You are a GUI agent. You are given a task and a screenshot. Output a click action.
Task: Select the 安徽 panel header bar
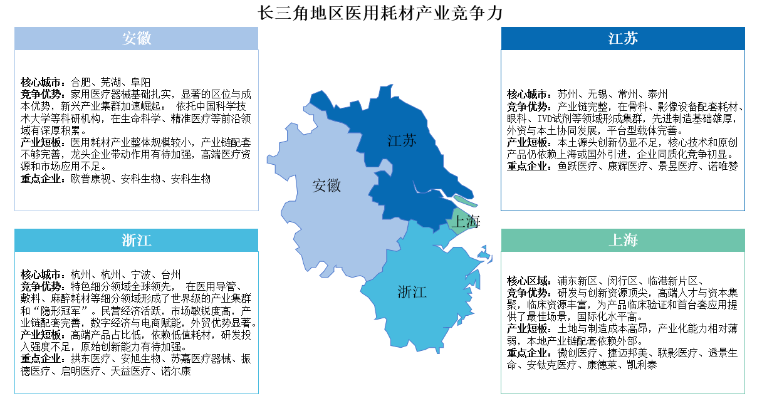[137, 39]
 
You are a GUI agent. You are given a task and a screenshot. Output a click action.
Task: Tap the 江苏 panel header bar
[623, 39]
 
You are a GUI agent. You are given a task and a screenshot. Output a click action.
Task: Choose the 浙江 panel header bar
[137, 241]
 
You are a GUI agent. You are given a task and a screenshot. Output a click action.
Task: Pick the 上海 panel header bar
[623, 241]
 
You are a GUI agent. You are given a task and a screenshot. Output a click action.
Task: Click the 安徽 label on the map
[326, 185]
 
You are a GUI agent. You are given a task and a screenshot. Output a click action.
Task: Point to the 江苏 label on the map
[402, 141]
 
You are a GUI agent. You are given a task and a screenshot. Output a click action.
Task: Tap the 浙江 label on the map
[412, 291]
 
